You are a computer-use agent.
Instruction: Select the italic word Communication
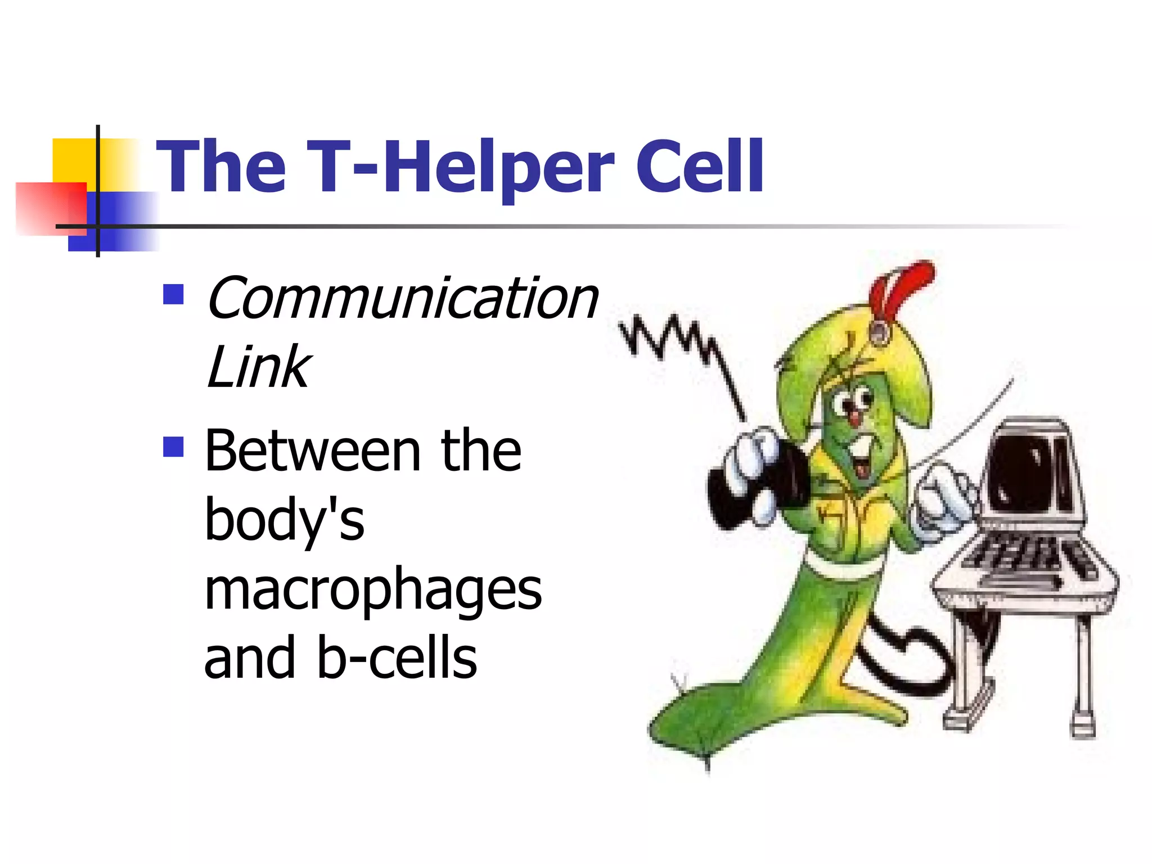(x=403, y=299)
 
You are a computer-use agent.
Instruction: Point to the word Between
(x=313, y=451)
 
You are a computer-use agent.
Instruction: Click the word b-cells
(x=397, y=658)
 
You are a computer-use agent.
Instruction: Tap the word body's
(x=285, y=520)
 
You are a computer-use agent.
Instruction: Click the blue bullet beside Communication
(x=173, y=294)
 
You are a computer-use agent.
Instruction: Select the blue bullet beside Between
(x=173, y=447)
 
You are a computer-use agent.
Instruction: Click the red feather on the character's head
(x=900, y=287)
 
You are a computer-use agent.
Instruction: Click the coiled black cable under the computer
(x=900, y=664)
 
